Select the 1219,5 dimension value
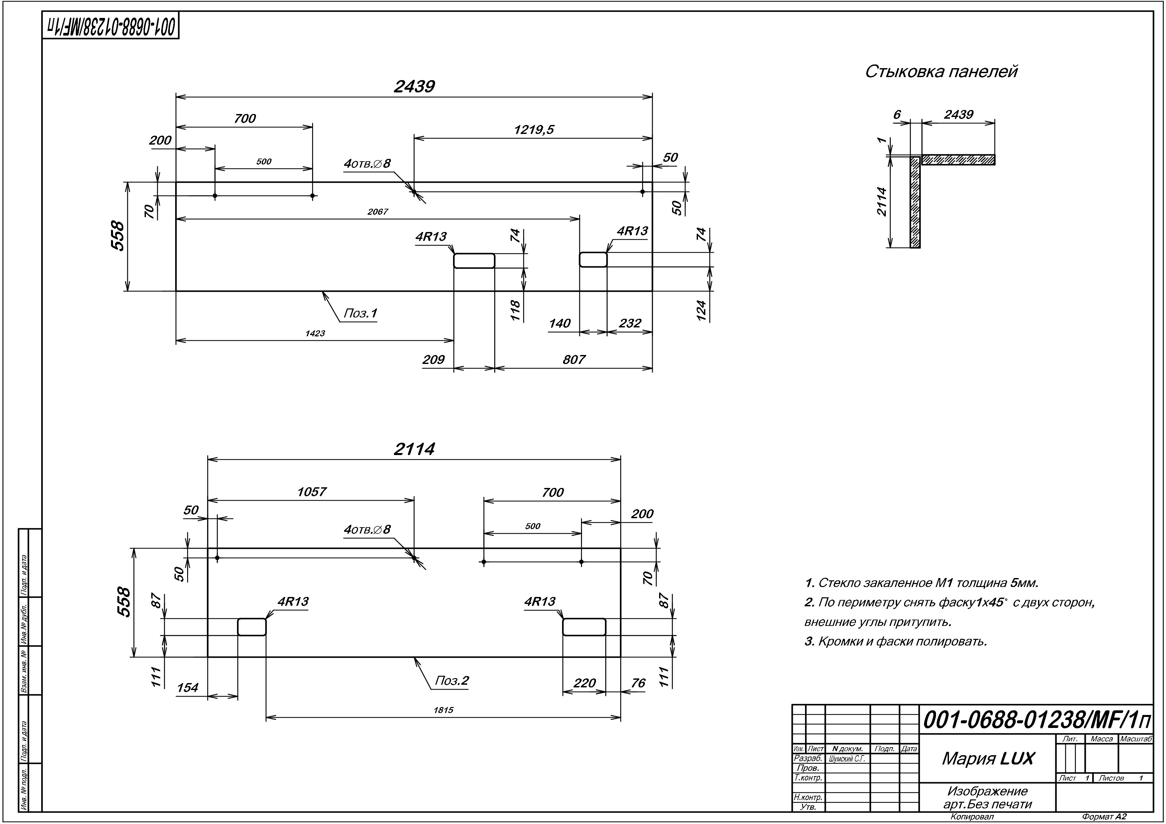[534, 130]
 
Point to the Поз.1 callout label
[360, 313]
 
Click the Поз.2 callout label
[451, 680]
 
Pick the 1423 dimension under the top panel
[315, 334]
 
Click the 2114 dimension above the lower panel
[414, 449]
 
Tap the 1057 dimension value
[311, 492]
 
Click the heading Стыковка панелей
[941, 71]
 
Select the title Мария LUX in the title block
[988, 759]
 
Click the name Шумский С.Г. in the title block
[847, 759]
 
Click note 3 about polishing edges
[896, 641]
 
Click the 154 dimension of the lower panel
[187, 687]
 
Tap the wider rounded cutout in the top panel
[474, 261]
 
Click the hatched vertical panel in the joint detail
[915, 202]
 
